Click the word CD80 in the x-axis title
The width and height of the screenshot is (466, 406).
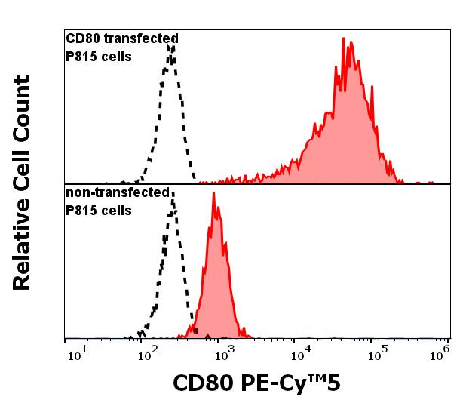[201, 383]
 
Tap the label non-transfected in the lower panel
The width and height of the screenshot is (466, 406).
[118, 192]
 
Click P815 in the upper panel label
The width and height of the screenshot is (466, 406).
[79, 56]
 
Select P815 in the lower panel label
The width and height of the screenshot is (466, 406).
[79, 211]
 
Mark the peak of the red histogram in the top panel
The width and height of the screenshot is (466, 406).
[343, 38]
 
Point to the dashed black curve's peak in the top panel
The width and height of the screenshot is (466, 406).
[173, 45]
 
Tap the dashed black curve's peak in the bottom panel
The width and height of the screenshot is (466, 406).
[173, 195]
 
